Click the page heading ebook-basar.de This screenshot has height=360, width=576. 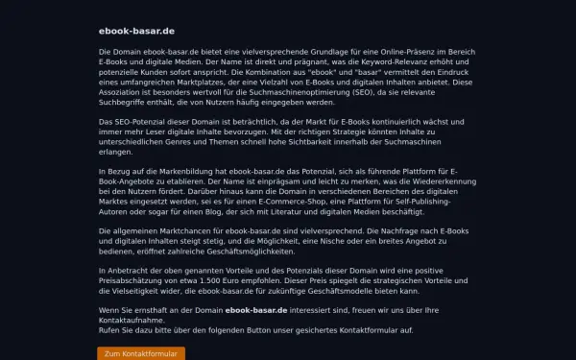pyautogui.click(x=135, y=31)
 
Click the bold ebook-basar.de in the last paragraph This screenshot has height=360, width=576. pyautogui.click(x=256, y=311)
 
